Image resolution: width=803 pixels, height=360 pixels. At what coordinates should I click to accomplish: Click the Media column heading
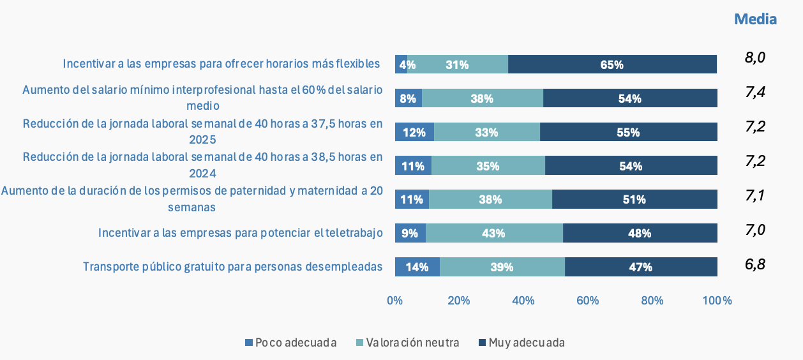(x=755, y=19)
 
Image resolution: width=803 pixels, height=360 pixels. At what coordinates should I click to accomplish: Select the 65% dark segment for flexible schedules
(x=612, y=64)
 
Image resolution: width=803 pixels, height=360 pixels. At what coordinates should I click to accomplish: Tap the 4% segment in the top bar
(x=401, y=64)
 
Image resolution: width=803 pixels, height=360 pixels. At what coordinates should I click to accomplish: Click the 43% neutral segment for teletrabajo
(x=494, y=234)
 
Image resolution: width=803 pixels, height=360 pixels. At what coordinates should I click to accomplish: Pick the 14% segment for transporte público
(x=417, y=267)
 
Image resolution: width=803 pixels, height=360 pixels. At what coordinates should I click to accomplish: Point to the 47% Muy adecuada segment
(x=640, y=267)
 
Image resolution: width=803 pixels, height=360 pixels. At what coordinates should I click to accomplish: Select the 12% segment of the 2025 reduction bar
(x=414, y=132)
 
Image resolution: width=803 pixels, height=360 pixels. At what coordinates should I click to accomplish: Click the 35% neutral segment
(x=488, y=166)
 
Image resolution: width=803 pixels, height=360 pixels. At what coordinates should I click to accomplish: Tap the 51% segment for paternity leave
(x=634, y=200)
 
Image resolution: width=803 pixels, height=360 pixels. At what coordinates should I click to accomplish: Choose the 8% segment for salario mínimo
(x=409, y=98)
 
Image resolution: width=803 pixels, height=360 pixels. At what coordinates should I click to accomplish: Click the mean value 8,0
(x=754, y=58)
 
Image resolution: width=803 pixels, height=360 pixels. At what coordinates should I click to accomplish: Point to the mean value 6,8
(x=754, y=264)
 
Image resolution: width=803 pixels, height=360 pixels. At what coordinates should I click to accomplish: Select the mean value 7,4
(x=754, y=93)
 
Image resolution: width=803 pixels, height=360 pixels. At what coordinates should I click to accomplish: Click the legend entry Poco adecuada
(x=291, y=343)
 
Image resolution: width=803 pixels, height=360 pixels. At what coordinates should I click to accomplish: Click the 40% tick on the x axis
(x=523, y=300)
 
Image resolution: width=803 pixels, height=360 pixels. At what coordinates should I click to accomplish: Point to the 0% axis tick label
(x=395, y=300)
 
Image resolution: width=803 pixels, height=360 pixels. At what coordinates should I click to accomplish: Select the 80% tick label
(x=652, y=300)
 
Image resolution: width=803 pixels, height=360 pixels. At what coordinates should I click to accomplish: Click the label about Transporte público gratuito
(x=233, y=267)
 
